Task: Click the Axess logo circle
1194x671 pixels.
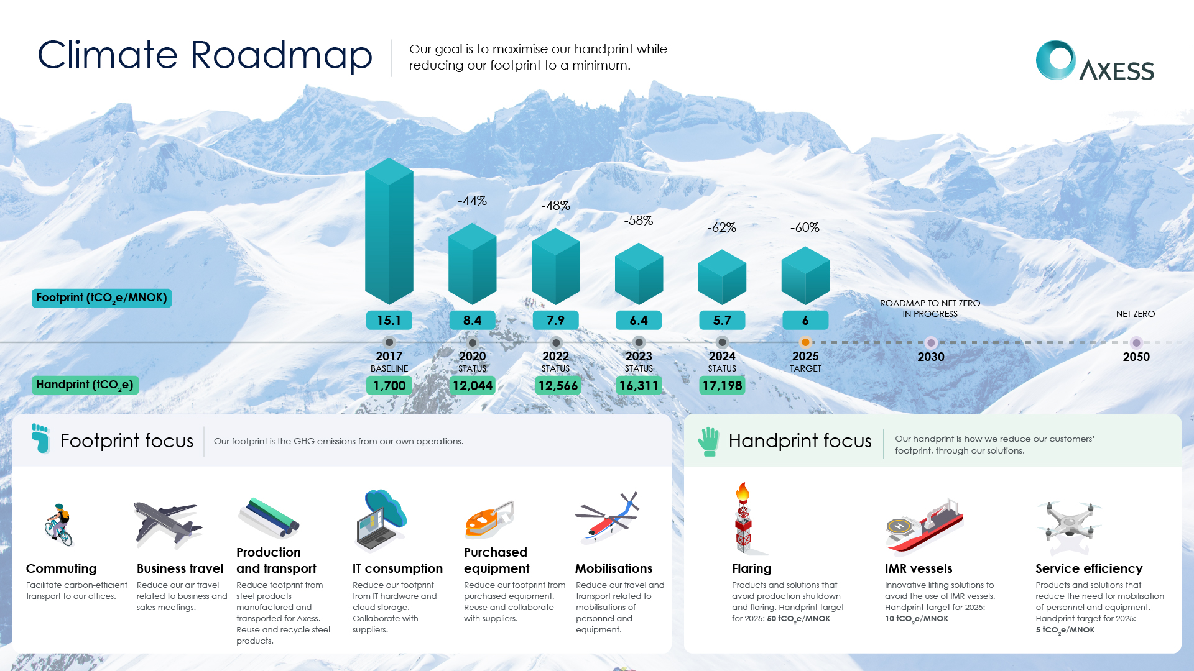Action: pos(1055,60)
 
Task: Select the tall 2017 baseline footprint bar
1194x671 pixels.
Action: pos(389,231)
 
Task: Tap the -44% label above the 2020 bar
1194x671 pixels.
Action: pos(472,201)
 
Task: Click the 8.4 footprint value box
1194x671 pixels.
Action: pos(473,320)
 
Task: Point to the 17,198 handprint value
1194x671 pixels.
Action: pos(722,386)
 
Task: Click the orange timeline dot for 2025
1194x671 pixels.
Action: pos(805,342)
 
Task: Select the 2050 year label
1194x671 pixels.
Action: pos(1136,357)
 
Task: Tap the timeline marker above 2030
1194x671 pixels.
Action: pos(931,342)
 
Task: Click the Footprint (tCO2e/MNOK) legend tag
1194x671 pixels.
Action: pos(102,298)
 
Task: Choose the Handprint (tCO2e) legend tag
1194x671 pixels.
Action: pos(85,385)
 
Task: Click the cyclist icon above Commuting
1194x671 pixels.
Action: pos(59,525)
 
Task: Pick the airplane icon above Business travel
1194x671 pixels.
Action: pos(167,525)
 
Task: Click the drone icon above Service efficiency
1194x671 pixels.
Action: pos(1070,527)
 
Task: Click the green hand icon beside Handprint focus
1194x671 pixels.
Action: pos(708,442)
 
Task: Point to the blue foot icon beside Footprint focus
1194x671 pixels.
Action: pos(40,439)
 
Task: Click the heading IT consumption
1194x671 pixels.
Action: pos(397,568)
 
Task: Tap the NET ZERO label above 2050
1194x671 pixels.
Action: pos(1136,314)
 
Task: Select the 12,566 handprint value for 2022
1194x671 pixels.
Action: pos(558,386)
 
